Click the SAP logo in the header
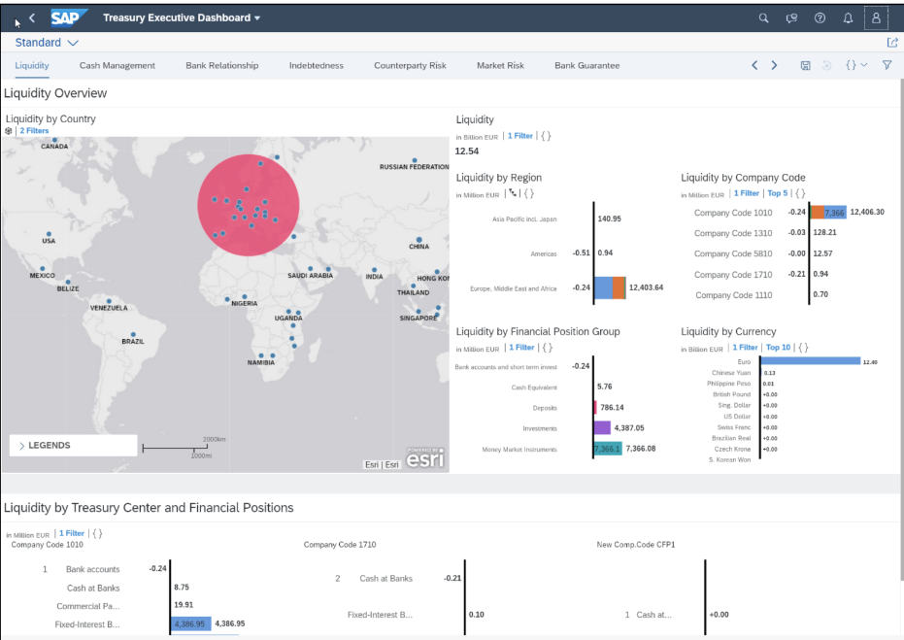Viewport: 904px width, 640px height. (69, 17)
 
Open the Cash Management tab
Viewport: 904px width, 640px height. (117, 66)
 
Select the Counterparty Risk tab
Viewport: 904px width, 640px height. (410, 66)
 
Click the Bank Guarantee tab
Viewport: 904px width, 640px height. (586, 66)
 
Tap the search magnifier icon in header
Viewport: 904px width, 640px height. (763, 17)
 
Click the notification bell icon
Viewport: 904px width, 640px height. (848, 17)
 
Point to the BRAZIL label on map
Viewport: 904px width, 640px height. (132, 342)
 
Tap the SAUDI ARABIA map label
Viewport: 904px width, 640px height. (310, 276)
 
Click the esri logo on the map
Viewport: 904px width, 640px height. (424, 459)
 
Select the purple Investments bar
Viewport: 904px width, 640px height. (602, 427)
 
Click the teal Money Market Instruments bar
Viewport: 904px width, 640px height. (607, 449)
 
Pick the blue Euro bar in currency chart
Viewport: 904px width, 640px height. (810, 361)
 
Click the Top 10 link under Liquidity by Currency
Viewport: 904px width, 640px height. (778, 347)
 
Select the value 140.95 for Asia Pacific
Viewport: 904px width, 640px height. (610, 219)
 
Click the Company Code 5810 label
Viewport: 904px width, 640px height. (733, 253)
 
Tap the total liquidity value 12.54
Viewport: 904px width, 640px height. (467, 152)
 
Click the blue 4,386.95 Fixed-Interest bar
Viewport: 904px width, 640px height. (190, 623)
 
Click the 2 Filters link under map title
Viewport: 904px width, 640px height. (35, 130)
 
